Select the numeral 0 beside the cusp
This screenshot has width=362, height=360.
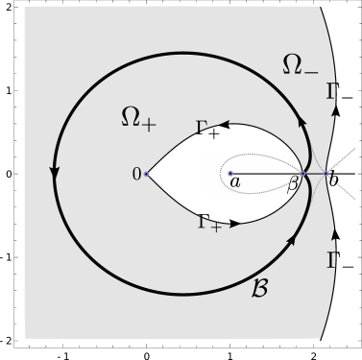tap(136, 174)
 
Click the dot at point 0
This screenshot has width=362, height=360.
tap(147, 174)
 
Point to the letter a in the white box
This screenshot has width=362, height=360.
tap(235, 180)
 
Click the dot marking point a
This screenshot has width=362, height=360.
tap(230, 174)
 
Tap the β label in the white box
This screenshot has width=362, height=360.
tap(293, 182)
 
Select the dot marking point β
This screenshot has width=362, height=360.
tap(304, 174)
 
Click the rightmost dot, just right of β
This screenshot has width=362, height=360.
tap(326, 174)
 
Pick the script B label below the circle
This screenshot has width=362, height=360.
tap(259, 287)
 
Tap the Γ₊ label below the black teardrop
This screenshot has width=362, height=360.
tap(209, 223)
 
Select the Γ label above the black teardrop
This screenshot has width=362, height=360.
tap(203, 127)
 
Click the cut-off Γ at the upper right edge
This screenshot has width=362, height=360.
tap(330, 92)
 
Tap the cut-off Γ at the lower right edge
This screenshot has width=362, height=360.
tap(330, 259)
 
